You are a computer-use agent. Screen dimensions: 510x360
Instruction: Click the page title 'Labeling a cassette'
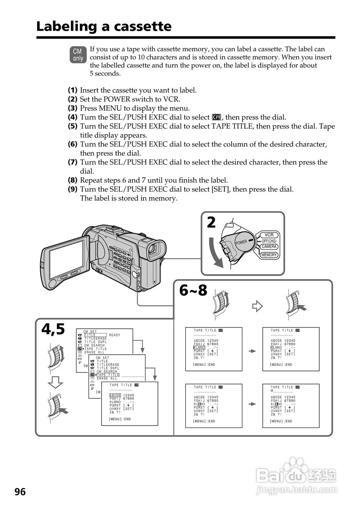[104, 26]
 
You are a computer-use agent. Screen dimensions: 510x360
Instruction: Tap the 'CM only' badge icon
[78, 55]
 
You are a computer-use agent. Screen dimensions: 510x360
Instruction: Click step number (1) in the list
[73, 90]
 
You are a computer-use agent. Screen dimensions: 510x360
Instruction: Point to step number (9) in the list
[73, 189]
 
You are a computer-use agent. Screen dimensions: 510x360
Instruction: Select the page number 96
[20, 492]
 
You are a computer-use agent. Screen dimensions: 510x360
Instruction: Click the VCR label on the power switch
[269, 235]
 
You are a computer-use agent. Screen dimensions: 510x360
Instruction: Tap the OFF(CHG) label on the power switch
[269, 241]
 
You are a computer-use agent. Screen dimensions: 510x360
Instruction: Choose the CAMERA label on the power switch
[269, 247]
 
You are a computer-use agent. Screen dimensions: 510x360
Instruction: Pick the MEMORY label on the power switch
[269, 255]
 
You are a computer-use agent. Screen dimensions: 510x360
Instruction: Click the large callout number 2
[211, 223]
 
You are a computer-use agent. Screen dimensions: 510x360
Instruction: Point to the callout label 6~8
[193, 290]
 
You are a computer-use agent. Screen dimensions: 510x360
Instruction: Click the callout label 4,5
[53, 330]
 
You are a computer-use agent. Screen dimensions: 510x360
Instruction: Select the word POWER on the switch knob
[241, 242]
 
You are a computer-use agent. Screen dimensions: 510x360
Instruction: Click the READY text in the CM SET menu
[114, 335]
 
